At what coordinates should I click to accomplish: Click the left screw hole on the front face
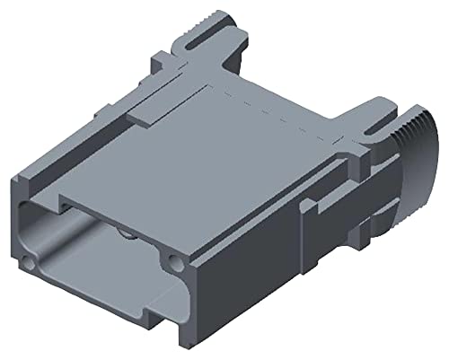click(x=32, y=263)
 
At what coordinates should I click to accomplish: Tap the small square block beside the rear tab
click(x=159, y=60)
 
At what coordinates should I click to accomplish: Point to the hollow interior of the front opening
click(x=99, y=260)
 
